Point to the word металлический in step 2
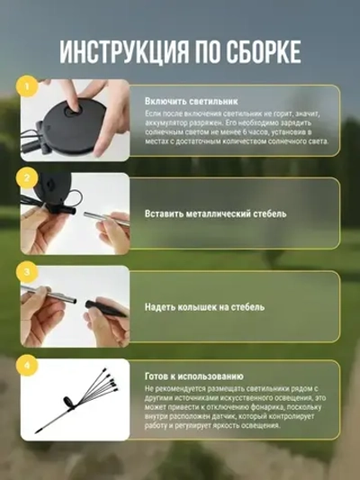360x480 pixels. [x=204, y=214]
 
